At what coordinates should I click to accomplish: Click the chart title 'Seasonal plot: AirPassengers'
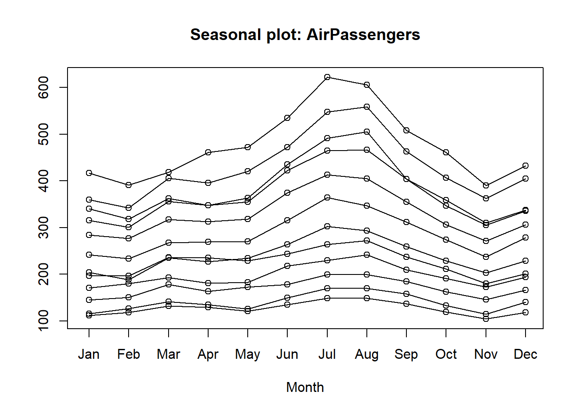pos(305,35)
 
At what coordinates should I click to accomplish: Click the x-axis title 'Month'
pos(305,387)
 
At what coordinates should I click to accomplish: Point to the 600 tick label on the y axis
pos(43,87)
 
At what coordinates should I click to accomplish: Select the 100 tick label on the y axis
pos(43,321)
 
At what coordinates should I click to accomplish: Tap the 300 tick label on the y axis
pos(43,228)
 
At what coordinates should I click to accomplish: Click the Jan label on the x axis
pos(89,354)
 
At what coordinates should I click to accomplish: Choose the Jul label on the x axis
pos(327,354)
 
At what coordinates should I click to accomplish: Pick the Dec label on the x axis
pos(525,354)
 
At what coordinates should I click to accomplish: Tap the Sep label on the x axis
pos(406,354)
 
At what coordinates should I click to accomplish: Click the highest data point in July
pos(327,77)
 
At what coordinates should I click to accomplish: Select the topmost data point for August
pos(367,85)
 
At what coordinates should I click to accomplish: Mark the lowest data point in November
pos(486,319)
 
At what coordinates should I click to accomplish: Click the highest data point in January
pos(89,173)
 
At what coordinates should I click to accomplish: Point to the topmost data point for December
pos(526,166)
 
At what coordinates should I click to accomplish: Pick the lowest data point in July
pos(327,298)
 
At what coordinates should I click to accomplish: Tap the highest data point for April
pos(208,152)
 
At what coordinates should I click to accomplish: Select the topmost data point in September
pos(406,130)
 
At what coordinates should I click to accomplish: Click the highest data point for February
pos(129,185)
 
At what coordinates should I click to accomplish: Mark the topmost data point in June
pos(287,118)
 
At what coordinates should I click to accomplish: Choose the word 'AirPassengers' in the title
pos(363,35)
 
